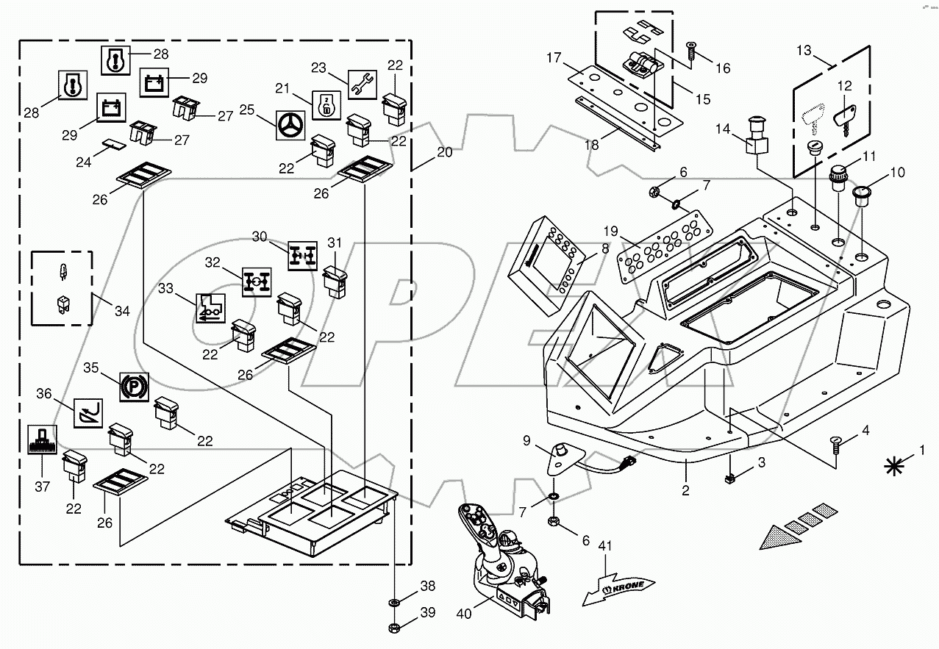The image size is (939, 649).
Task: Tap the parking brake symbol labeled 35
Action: (x=133, y=384)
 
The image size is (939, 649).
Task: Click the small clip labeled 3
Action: (x=730, y=478)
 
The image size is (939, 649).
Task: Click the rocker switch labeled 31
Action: (x=335, y=282)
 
